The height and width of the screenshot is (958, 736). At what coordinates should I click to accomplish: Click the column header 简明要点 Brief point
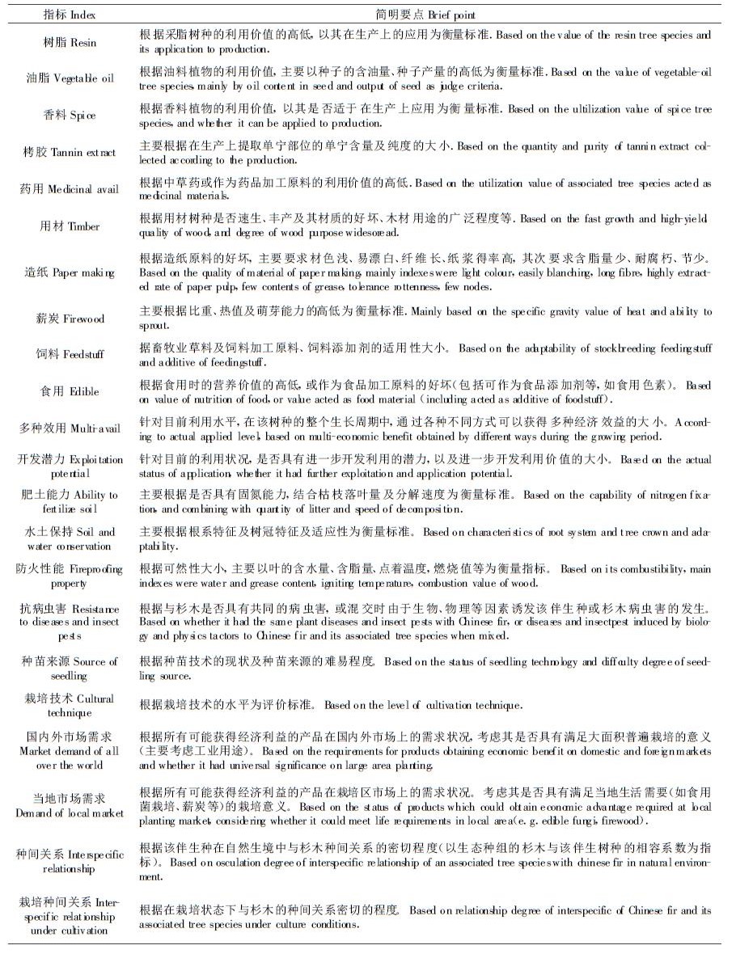[425, 15]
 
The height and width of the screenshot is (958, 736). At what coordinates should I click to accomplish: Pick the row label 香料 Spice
[69, 116]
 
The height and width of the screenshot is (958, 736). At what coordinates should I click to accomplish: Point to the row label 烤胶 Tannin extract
[69, 152]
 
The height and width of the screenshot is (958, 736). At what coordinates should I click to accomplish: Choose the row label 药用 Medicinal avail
[69, 189]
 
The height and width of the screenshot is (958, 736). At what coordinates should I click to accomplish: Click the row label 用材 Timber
[69, 226]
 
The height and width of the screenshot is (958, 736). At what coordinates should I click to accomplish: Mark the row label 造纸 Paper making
[69, 272]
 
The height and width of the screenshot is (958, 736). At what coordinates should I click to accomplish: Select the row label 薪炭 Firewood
[69, 319]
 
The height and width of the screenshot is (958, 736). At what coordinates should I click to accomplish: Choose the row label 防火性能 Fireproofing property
[69, 576]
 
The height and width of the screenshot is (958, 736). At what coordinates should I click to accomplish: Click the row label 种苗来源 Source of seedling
[69, 669]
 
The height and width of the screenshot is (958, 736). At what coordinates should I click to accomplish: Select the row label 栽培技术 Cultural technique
[69, 705]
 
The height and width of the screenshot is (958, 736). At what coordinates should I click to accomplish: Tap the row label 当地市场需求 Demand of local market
[69, 805]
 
